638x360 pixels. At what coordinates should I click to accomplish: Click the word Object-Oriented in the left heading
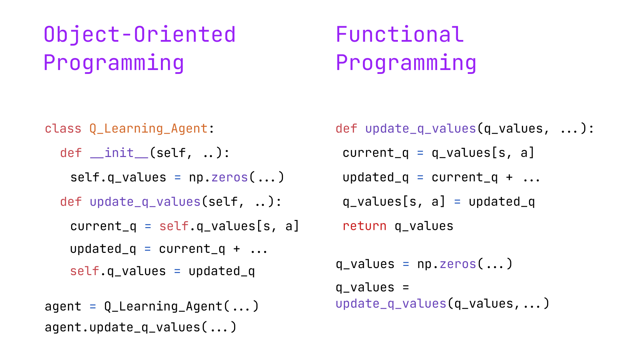click(x=140, y=35)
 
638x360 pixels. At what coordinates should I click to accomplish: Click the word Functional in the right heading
click(x=400, y=34)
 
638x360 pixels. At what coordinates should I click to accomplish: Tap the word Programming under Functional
click(x=406, y=63)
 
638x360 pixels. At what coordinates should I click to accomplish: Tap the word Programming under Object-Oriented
click(x=114, y=63)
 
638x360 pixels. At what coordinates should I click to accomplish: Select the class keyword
click(x=63, y=128)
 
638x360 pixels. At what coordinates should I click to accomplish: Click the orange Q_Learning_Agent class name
click(x=149, y=129)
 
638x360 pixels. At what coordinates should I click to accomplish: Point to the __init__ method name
click(x=119, y=153)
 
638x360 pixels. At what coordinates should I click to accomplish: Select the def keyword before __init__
click(x=71, y=153)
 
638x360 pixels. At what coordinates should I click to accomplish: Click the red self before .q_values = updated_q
click(x=85, y=271)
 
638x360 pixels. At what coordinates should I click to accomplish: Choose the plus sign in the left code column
click(x=237, y=249)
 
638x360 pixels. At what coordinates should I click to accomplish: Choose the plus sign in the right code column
click(x=509, y=178)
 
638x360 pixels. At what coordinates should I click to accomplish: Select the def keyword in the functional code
click(x=346, y=128)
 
